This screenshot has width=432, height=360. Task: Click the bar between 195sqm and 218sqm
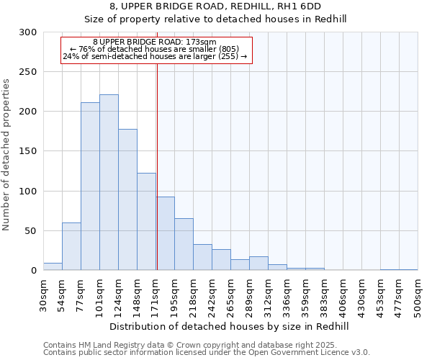pos(184,244)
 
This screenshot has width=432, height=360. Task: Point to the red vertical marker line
pos(157,166)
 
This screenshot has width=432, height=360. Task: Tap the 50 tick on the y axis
pos(31,231)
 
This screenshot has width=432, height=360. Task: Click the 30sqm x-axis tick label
pos(43,296)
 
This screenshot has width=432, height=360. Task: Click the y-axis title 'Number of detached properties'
pos(7,155)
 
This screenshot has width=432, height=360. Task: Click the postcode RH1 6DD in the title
pos(292,6)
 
